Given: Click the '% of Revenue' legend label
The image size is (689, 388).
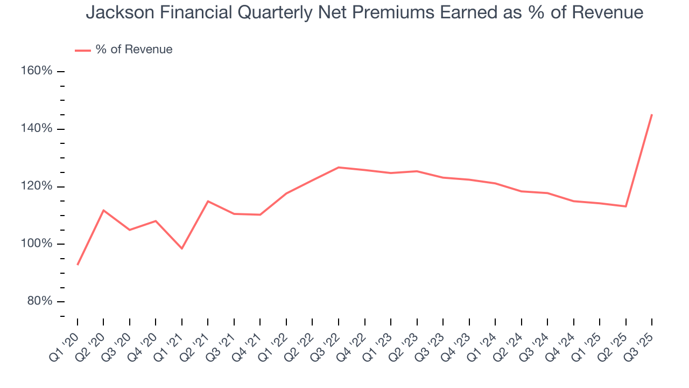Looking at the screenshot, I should click(x=134, y=50).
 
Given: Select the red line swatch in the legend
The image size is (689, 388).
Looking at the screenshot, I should click(x=82, y=50).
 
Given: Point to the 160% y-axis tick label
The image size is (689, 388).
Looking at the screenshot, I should click(x=37, y=71).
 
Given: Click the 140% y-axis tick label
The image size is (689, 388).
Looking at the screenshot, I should click(x=37, y=129).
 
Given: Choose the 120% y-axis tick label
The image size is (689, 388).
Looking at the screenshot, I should click(x=37, y=186).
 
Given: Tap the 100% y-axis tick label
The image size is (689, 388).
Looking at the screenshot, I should click(x=37, y=244).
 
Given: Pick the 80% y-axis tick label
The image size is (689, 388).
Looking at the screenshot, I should click(x=39, y=301).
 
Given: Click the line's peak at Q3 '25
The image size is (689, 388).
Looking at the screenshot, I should click(x=652, y=114).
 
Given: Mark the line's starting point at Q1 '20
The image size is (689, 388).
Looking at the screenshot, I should click(x=78, y=265).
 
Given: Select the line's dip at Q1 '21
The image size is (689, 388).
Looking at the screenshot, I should click(x=182, y=248).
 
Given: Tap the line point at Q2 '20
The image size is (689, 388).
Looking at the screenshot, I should click(x=103, y=210).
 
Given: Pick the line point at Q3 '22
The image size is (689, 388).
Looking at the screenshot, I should click(x=339, y=168).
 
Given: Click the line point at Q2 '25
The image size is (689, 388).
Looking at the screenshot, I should click(x=626, y=206).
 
